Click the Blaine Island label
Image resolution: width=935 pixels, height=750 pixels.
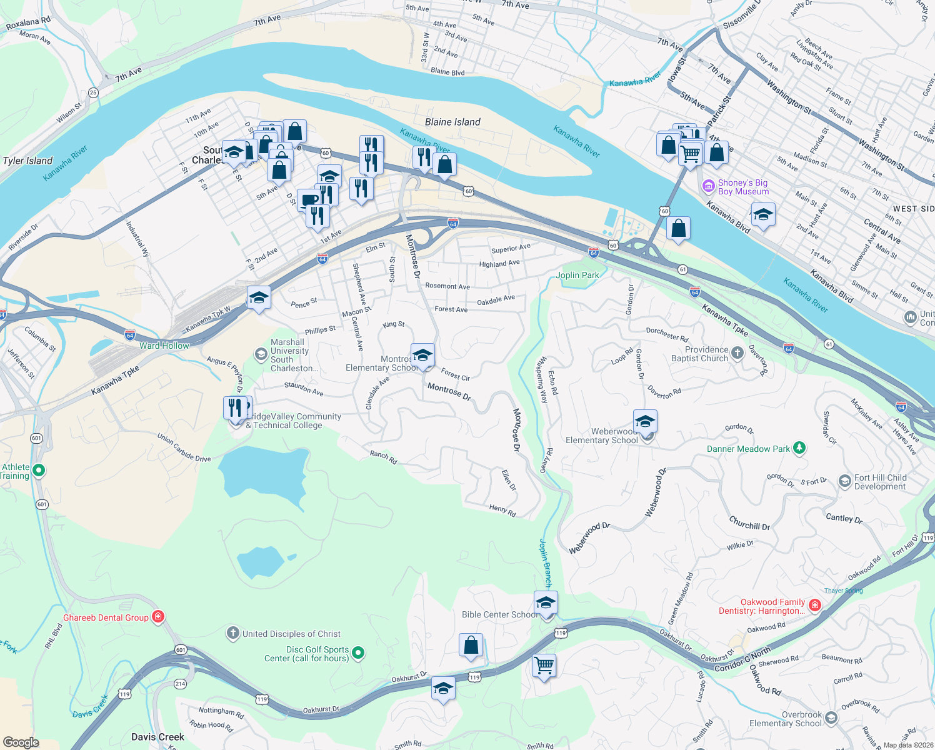point(452,122)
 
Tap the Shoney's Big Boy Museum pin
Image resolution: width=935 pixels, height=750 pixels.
point(708,186)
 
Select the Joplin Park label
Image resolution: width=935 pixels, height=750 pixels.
point(577,275)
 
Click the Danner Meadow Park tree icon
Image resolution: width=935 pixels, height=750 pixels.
point(799,448)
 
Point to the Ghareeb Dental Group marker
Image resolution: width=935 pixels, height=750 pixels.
point(158,617)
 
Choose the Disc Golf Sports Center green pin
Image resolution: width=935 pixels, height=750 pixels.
point(358,654)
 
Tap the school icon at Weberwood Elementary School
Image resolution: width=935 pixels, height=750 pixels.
point(645,422)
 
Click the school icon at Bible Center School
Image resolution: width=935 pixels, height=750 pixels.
point(546,604)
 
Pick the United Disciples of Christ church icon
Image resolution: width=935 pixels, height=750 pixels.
point(233,634)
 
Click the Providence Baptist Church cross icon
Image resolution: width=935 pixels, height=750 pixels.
point(737,354)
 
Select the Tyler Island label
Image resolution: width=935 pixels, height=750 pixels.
point(27,161)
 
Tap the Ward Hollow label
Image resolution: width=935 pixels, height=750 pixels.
point(164,346)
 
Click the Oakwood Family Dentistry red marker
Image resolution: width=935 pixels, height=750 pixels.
point(814,605)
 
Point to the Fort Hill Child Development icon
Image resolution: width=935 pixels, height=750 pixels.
point(845,481)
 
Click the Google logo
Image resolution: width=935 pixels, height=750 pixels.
point(21,742)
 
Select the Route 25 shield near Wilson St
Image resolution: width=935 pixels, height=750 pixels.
point(93,92)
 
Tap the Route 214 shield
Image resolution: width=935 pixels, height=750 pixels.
point(180,684)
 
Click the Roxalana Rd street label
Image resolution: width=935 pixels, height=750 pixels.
point(28,24)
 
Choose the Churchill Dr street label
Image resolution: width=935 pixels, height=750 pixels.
point(749,523)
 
